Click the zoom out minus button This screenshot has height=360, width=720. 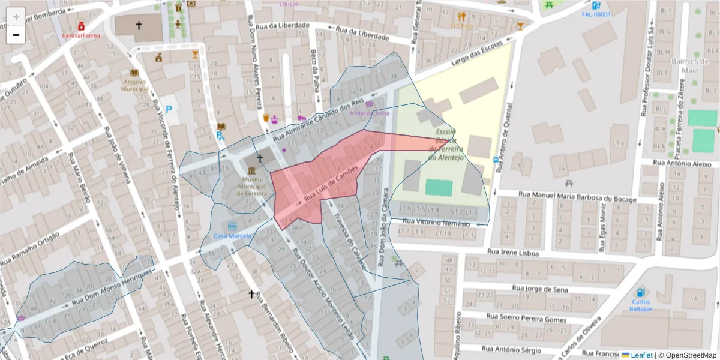16,35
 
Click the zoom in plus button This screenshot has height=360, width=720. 16,17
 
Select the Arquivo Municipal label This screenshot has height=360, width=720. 134,85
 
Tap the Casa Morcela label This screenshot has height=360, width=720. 232,236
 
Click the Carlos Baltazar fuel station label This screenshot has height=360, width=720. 641,305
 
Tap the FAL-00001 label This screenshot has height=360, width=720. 596,14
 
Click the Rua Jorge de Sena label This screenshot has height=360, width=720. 540,289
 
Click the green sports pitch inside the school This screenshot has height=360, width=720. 439,187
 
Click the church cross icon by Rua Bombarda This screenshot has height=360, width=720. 139,26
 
